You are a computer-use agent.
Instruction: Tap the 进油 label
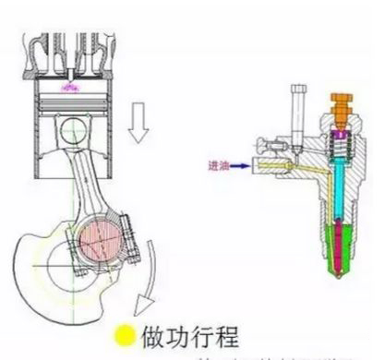218,167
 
